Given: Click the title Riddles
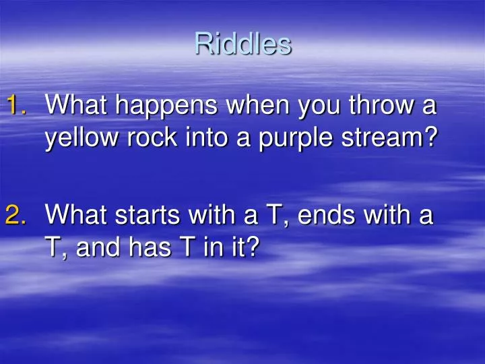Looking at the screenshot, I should click(243, 44).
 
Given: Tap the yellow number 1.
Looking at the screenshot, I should click(16, 106).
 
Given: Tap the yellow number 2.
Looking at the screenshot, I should click(16, 216).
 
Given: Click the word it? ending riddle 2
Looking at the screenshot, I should click(242, 249).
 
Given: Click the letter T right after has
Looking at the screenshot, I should click(183, 249).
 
